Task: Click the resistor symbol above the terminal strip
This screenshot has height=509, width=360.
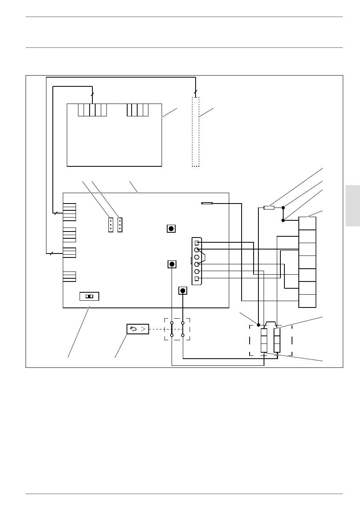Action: coord(269,208)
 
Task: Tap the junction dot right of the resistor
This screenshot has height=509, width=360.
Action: coord(283,208)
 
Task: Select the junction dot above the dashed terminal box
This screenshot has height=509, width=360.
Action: coord(258,325)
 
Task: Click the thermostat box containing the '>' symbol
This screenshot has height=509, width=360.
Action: coord(138,329)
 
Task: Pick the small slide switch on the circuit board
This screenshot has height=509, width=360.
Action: coord(90,296)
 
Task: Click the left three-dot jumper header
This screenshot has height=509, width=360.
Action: coord(111,225)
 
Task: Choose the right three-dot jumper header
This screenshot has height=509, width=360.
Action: coord(120,225)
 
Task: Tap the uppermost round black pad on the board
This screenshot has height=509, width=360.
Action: coord(171,229)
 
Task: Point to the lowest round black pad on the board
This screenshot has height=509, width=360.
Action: coord(183,291)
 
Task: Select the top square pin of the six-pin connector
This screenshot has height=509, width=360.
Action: coord(196,242)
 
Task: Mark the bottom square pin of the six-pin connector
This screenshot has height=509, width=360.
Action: coord(196,278)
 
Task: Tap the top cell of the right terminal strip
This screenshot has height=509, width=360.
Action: coord(307,223)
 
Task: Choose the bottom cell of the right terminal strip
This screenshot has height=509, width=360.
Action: coord(307,301)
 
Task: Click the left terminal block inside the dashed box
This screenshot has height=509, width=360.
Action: coord(264,340)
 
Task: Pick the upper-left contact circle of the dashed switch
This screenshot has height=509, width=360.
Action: coord(172,322)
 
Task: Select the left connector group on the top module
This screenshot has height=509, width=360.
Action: coord(92,110)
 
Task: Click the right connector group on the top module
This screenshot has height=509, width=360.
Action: coord(138,110)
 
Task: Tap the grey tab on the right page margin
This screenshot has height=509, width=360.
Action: coord(352,206)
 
